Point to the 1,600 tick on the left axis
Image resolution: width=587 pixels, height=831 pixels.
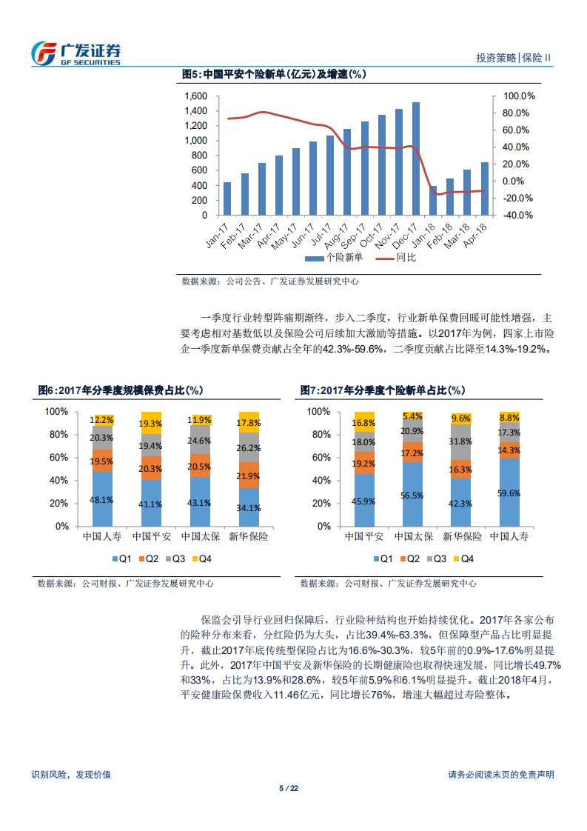tap(196, 96)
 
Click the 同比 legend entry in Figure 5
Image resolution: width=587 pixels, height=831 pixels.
tap(396, 258)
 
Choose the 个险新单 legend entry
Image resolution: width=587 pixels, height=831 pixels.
tap(335, 258)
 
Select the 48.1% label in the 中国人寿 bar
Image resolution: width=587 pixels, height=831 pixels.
tap(101, 500)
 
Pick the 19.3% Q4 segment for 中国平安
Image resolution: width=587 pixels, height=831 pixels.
tap(151, 424)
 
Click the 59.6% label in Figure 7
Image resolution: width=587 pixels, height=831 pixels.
tap(509, 493)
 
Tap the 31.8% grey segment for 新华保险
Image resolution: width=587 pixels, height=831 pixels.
tap(461, 442)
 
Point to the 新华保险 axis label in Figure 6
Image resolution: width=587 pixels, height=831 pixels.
tap(249, 535)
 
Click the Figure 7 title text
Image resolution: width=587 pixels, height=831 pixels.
tap(383, 390)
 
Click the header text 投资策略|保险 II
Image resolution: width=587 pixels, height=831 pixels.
tap(514, 58)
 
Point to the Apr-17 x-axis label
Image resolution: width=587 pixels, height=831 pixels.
tap(271, 235)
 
